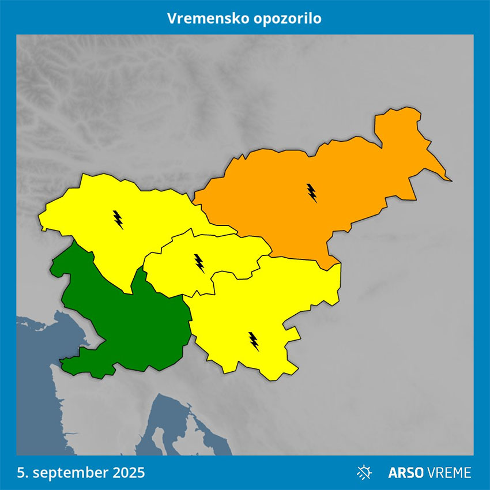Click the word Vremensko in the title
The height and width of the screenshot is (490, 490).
[x=206, y=18]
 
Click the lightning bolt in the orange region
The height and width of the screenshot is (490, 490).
[x=312, y=193]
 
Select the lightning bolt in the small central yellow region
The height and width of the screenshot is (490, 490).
[x=199, y=263]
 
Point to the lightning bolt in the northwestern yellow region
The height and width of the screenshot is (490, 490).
[x=118, y=219]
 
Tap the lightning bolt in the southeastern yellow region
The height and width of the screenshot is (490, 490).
[x=254, y=341]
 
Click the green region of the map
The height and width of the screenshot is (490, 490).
[x=133, y=323]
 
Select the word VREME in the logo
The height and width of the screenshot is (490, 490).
[x=449, y=473]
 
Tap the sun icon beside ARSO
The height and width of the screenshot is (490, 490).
[x=364, y=473]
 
